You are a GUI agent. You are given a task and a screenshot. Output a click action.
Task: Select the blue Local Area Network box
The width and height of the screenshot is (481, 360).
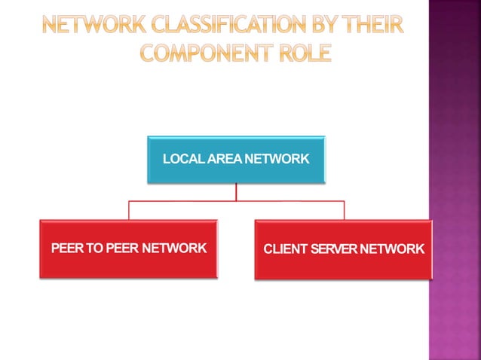[x=236, y=159]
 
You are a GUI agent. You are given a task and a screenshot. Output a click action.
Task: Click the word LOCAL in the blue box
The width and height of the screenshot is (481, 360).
[x=182, y=160]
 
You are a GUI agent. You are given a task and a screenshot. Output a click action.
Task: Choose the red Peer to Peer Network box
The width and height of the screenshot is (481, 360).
[x=128, y=249]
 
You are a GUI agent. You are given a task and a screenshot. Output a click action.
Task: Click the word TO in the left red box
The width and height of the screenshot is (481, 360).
[x=95, y=249]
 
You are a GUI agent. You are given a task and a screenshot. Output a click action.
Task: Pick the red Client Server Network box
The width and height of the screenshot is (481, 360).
[x=344, y=249]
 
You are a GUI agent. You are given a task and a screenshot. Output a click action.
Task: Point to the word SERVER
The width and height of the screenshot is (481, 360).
[x=334, y=249]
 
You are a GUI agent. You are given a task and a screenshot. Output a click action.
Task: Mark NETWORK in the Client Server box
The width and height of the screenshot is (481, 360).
[x=393, y=249]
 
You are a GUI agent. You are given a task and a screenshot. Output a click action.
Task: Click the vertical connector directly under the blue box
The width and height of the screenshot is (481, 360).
[x=236, y=192]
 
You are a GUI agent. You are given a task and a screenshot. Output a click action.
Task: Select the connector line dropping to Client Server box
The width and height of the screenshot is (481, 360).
[x=345, y=211]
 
